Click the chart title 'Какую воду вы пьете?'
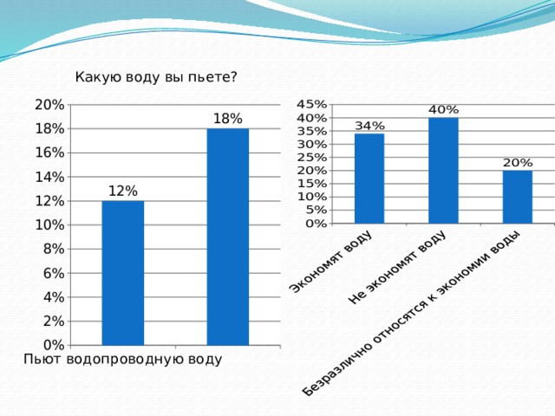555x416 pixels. pos(156,77)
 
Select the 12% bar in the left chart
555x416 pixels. pos(122,273)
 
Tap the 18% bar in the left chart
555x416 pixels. pos(227,237)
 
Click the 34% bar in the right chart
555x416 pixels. pos(369,179)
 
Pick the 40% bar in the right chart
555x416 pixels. pos(443,171)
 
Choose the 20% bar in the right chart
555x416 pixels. pos(518,197)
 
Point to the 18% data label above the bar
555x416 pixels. pos(227,118)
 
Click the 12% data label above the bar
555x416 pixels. pos(122,191)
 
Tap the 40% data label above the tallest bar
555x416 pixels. pos(443,110)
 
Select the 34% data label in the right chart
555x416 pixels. pos(369,126)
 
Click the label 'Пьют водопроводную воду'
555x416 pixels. pos(122,359)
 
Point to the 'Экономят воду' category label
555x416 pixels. pos(330,262)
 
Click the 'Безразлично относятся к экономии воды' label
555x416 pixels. pos(411,314)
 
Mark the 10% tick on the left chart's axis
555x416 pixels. pos(49,224)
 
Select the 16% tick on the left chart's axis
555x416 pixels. pos(49,153)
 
